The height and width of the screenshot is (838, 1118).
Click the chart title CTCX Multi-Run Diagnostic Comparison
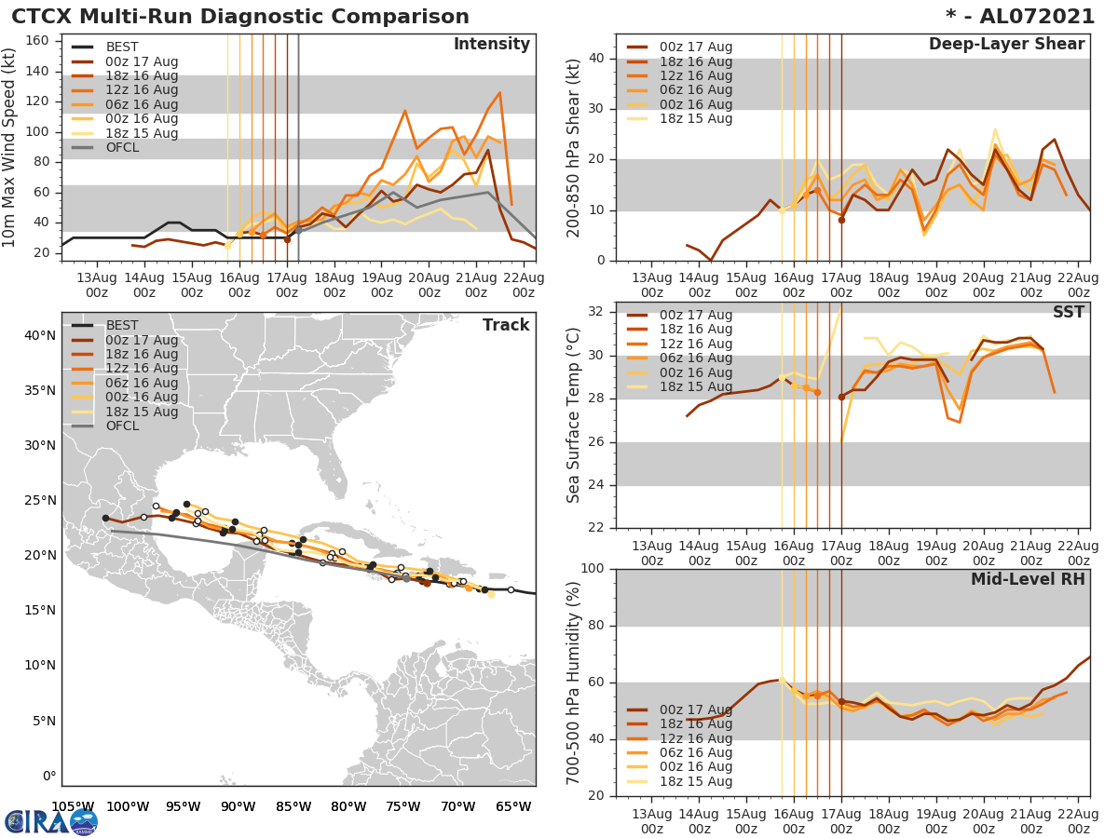tap(240, 17)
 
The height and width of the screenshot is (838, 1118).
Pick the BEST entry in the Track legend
tap(121, 325)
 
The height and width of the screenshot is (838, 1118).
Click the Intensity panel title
tap(491, 45)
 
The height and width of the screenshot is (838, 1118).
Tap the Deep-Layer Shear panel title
tap(1006, 45)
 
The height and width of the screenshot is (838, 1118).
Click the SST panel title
tap(1069, 312)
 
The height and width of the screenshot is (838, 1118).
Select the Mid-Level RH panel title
tap(1028, 579)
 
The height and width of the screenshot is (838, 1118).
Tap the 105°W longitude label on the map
tap(72, 806)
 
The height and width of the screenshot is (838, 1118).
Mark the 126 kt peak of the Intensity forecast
tap(499, 92)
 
